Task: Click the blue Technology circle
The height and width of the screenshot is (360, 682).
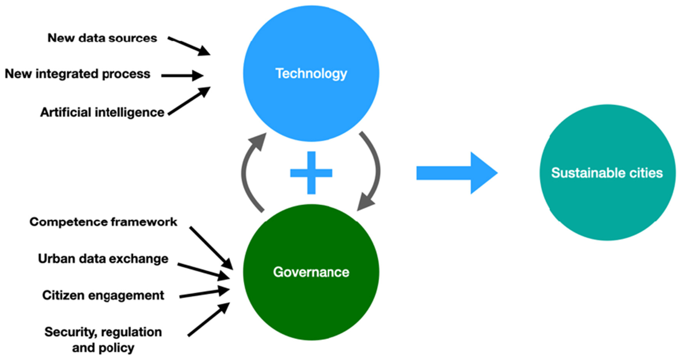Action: coord(311,73)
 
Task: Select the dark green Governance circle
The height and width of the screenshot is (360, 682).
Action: coord(311,272)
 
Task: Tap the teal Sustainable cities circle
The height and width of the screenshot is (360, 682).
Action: coord(607,172)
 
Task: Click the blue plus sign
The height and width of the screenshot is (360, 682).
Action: coord(311,173)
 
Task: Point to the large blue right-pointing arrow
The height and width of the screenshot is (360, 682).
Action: coord(456,173)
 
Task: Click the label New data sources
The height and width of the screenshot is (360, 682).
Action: coord(102,38)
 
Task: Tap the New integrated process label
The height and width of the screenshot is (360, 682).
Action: coord(77,74)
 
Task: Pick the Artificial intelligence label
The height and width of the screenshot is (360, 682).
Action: coord(102,112)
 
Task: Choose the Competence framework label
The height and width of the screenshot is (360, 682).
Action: coord(103,222)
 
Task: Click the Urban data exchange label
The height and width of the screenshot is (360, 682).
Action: coord(103,258)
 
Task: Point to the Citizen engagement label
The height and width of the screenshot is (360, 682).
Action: coord(103,295)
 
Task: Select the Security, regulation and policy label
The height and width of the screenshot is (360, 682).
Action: coord(103,339)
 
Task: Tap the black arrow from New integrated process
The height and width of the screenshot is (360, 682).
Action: coord(182,75)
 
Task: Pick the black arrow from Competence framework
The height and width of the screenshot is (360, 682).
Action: coord(211,248)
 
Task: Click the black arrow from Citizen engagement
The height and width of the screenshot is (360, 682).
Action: coord(204,293)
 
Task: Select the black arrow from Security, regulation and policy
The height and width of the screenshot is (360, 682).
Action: coord(208,320)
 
